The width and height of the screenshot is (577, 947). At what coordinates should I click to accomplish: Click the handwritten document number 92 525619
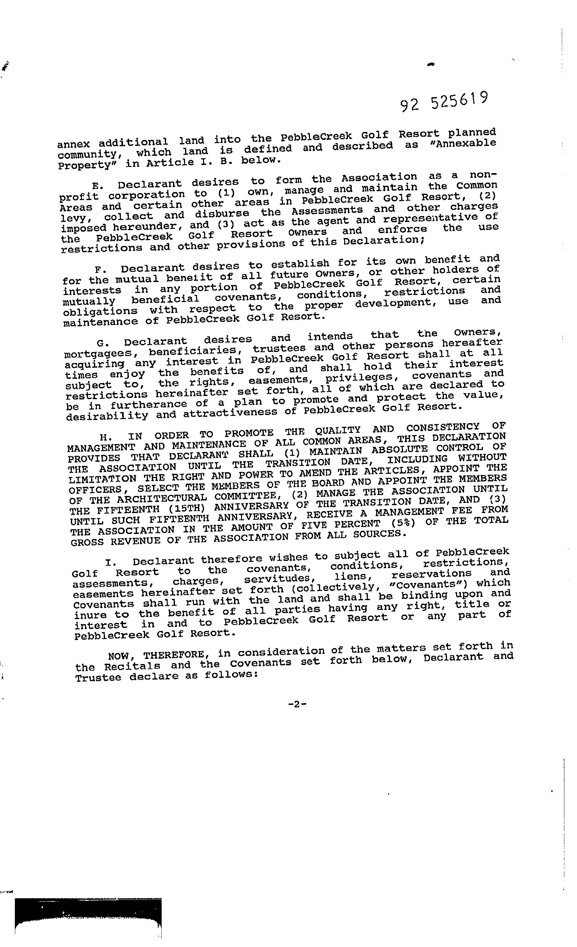(444, 102)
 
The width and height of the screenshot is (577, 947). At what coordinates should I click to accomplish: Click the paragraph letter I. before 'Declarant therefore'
(109, 563)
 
